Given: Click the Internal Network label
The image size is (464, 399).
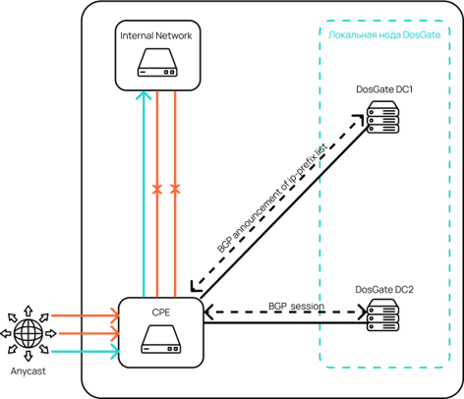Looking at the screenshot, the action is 156,35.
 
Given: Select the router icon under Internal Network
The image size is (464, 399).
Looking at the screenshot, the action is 157,63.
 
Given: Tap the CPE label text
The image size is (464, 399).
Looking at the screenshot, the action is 161,313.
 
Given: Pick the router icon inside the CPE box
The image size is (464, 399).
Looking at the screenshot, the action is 161,339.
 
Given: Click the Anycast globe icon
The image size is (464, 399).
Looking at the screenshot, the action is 29,333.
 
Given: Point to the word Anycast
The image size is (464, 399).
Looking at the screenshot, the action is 29,371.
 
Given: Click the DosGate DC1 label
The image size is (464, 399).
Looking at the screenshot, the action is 384,89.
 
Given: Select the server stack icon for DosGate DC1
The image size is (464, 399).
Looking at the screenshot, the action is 382,117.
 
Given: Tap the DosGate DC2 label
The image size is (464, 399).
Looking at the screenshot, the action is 384,290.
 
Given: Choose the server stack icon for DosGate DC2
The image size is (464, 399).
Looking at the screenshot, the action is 382,314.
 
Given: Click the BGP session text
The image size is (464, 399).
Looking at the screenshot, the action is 297,306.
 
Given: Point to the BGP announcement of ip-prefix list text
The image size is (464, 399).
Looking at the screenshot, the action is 272,198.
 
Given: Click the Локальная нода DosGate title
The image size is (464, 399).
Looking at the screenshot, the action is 384,34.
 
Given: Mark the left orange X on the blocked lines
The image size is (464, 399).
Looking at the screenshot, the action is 157,189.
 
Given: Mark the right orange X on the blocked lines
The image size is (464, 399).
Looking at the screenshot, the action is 175,189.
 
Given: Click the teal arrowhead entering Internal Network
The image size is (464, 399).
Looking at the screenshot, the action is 144,95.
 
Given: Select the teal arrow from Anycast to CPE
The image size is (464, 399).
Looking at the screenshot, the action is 86,352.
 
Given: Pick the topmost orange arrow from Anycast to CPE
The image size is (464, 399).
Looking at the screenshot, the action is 86,315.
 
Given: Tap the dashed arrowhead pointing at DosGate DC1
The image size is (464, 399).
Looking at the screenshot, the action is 359,119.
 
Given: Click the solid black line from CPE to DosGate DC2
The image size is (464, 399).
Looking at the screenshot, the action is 285,323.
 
